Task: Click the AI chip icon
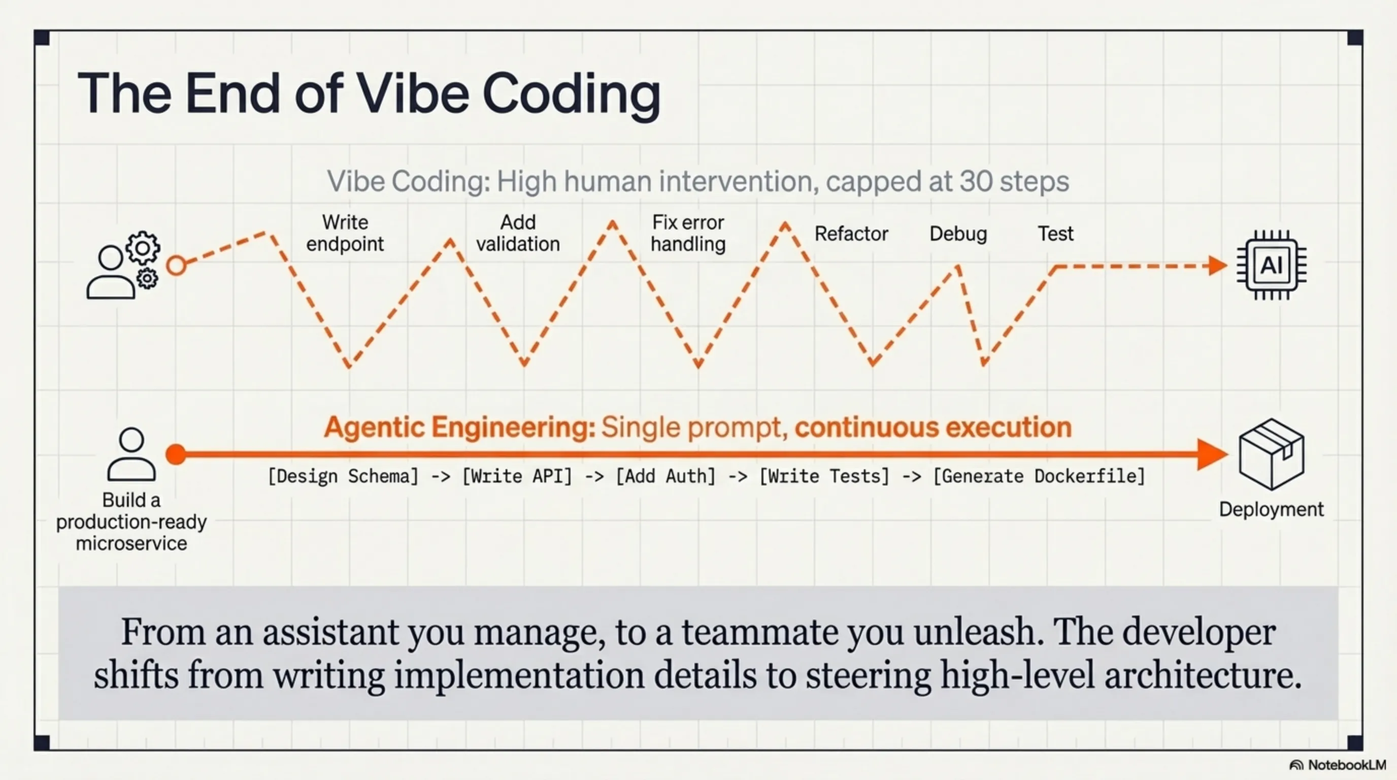(1272, 265)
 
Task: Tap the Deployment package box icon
(1271, 454)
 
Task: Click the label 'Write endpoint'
(345, 233)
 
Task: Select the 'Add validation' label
(518, 233)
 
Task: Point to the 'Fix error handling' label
(688, 233)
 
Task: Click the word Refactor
(851, 234)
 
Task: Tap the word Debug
(958, 234)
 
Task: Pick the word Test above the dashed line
(1055, 234)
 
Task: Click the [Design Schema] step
(343, 476)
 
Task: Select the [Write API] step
(517, 476)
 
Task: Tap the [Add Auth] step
(666, 476)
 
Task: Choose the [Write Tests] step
(824, 476)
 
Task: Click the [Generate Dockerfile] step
(1039, 476)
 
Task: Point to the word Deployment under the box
(1271, 510)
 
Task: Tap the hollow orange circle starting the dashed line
(176, 266)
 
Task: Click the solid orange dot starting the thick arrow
(176, 454)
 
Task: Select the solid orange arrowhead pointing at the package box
(1213, 454)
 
